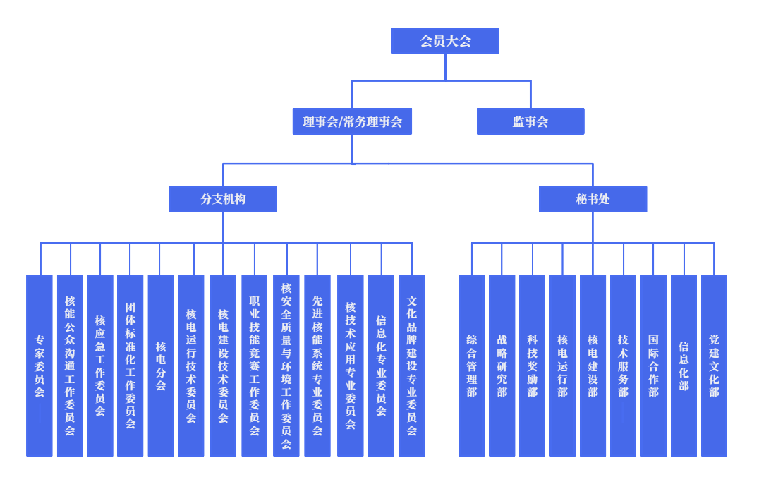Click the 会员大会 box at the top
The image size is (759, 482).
[445, 41]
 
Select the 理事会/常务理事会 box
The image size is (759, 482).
[352, 121]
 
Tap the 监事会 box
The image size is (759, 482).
[530, 121]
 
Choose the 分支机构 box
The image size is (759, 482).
[223, 199]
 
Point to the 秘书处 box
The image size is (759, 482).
[593, 199]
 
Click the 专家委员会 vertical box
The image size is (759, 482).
[40, 365]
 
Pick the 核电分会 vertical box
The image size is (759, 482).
[161, 365]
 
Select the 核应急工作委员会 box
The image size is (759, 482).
[100, 365]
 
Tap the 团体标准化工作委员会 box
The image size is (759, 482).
[130, 365]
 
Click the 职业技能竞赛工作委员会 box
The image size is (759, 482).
[254, 365]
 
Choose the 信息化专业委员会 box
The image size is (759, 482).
[381, 365]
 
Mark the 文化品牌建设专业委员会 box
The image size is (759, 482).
[412, 365]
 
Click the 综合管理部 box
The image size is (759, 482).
[471, 365]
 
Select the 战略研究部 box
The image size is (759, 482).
[502, 365]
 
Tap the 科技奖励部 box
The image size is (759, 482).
[532, 365]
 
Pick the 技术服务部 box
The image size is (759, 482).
[623, 365]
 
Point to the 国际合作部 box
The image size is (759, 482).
[653, 365]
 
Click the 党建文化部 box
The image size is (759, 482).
[714, 365]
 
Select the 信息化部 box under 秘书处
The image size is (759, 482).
[684, 365]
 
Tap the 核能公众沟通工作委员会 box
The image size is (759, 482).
[70, 365]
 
